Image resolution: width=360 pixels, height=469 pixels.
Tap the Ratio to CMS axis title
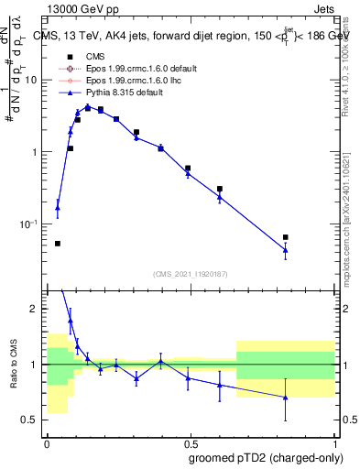click(14, 365)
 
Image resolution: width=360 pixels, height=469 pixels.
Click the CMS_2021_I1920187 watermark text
click(190, 275)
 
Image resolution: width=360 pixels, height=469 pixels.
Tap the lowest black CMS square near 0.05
click(58, 244)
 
